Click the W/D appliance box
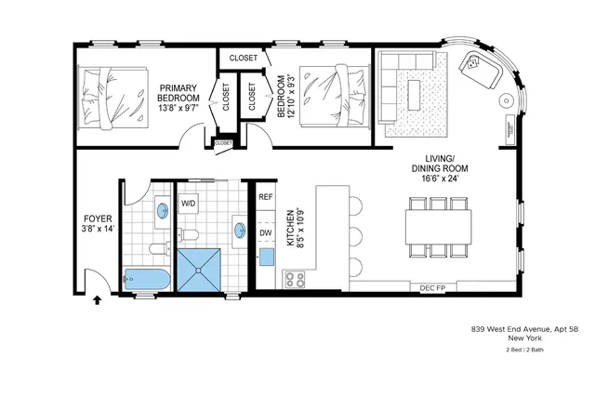(189, 203)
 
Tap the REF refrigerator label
(266, 197)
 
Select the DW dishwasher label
(266, 233)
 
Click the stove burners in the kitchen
(296, 278)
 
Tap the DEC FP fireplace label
(434, 287)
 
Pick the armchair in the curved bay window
(478, 66)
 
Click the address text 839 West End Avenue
(525, 328)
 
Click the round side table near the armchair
(507, 99)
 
